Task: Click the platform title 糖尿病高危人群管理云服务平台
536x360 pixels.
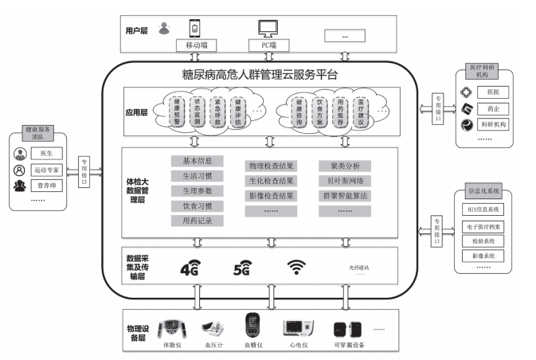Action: tap(260, 76)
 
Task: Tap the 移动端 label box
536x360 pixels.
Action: tap(196, 46)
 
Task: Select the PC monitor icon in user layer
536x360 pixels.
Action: tap(268, 28)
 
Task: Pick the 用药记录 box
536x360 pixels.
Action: tap(191, 221)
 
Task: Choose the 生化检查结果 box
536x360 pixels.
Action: tap(271, 181)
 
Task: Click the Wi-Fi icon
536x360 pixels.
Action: tap(296, 268)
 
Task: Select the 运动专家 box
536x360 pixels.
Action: tap(48, 170)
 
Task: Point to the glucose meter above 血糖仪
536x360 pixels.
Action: tap(253, 327)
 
